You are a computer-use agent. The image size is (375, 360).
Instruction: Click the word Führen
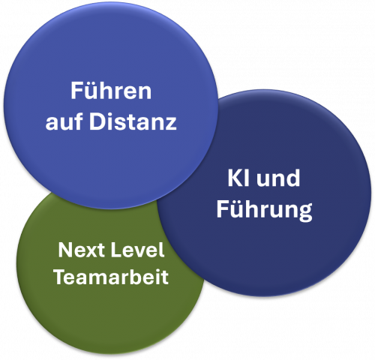(111, 91)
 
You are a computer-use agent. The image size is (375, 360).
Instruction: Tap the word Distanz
(133, 121)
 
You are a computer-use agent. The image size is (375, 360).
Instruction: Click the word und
(278, 178)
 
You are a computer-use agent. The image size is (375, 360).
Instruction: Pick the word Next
(81, 250)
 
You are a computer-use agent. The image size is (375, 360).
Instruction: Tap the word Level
(137, 250)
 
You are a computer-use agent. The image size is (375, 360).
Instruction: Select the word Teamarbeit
(111, 277)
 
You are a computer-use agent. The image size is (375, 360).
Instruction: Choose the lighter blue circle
(111, 105)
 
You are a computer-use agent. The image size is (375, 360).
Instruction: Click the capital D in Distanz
(97, 121)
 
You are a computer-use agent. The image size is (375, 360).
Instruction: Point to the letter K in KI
(235, 178)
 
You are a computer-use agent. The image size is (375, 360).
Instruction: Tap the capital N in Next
(65, 250)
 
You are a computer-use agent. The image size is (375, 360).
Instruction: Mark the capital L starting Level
(115, 250)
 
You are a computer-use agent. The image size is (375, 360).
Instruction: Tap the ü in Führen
(91, 91)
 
